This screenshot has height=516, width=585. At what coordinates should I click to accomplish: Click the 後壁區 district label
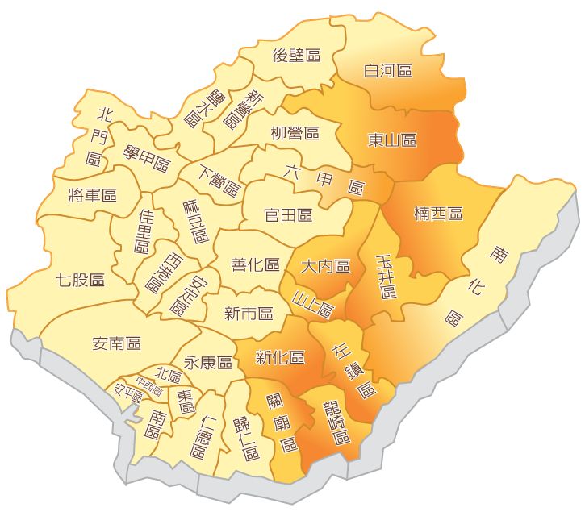tap(296, 56)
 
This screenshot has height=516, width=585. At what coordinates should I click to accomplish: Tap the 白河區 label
tap(388, 71)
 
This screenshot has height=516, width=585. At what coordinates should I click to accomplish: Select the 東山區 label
tap(392, 140)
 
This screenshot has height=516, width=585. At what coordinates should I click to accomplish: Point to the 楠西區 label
tap(438, 214)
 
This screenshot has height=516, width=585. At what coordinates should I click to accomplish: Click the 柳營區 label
tap(295, 133)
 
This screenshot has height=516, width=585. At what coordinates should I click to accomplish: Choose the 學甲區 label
tap(147, 164)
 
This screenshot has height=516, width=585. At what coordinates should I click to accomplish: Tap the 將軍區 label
tap(93, 195)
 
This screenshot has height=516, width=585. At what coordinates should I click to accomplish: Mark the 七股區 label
tap(81, 281)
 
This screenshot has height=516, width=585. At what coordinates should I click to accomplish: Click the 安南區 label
tap(117, 343)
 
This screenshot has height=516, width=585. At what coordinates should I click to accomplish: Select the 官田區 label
tap(288, 215)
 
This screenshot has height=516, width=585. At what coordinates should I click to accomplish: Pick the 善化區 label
tap(255, 264)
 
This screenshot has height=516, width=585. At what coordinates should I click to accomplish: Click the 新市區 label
tap(249, 313)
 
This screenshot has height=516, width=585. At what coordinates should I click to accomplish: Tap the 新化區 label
tap(279, 357)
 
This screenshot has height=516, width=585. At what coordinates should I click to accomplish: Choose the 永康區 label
tap(208, 362)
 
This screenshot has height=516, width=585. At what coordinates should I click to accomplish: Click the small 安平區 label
tap(128, 394)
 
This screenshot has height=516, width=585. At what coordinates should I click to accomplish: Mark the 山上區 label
tap(312, 304)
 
